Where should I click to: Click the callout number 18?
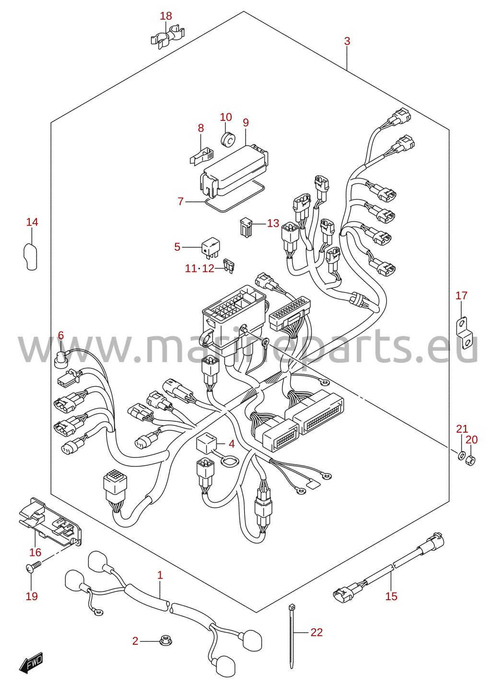pos(166,16)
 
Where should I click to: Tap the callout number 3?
pos(347,41)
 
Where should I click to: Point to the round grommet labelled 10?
pos(228,139)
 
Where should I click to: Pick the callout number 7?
pos(181,201)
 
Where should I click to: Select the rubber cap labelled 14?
pos(31,256)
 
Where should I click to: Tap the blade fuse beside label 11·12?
pos(229,266)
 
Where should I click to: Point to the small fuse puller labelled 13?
pos(246,227)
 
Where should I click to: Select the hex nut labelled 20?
pos(470,460)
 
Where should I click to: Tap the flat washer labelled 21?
pos(461,456)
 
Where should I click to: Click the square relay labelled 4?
pos(206,443)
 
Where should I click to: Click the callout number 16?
pos(35,552)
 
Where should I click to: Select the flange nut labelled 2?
pos(166,641)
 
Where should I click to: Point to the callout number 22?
pos(317,632)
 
